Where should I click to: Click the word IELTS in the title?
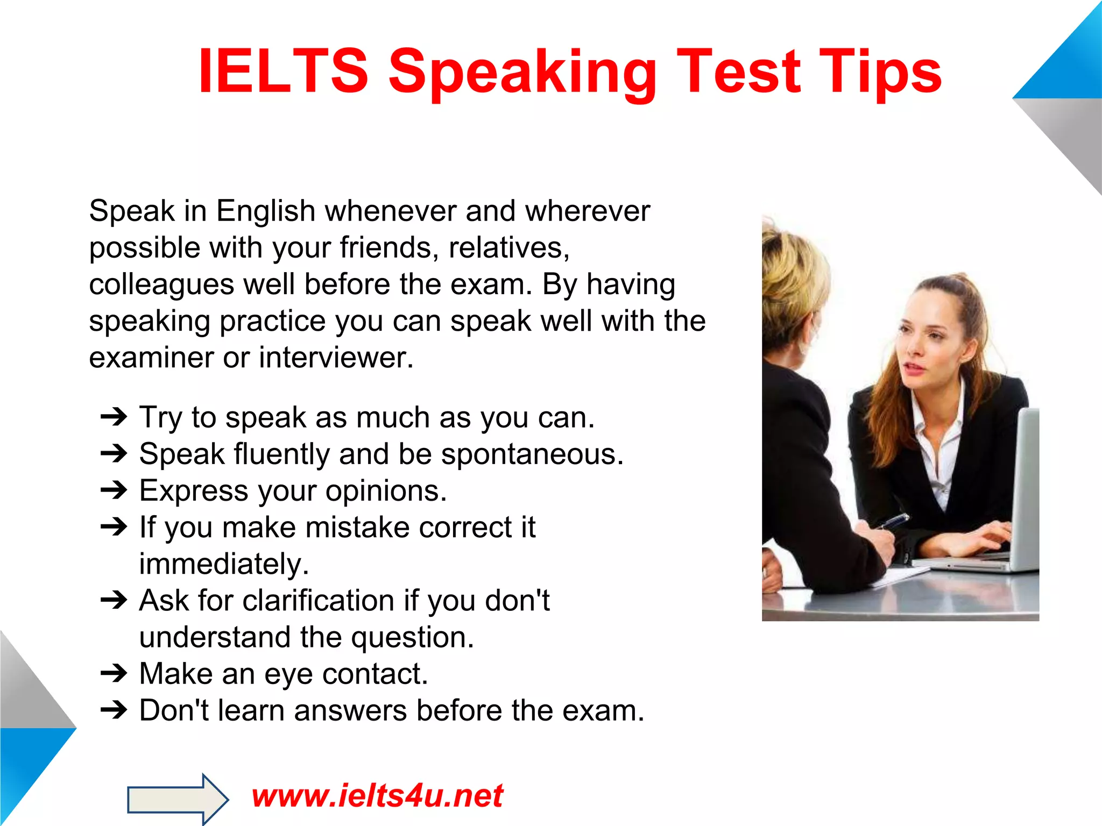[x=284, y=72]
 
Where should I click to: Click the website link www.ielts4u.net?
[x=377, y=796]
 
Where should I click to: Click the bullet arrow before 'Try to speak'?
[x=114, y=417]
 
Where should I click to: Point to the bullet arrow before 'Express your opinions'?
[x=114, y=490]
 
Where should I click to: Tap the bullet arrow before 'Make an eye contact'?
[x=114, y=673]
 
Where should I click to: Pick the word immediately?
[x=223, y=564]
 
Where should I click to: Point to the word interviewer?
[x=336, y=358]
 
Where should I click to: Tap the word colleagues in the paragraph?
[x=161, y=285]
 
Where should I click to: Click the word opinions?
[x=385, y=491]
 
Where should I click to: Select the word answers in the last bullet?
[x=350, y=711]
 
